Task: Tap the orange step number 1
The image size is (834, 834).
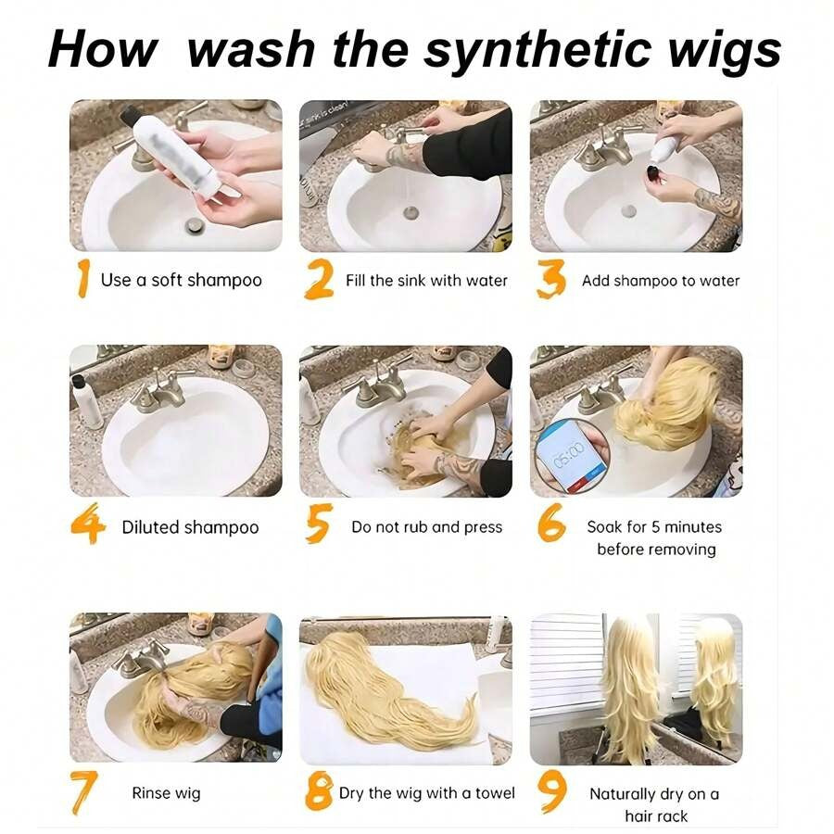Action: [x=82, y=278]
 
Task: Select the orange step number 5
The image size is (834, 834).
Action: [x=319, y=524]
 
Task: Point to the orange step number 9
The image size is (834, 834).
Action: [x=552, y=792]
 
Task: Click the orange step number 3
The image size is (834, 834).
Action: [x=550, y=279]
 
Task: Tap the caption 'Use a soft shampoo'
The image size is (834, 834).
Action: [x=182, y=280]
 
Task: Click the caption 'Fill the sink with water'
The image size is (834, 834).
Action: [x=426, y=280]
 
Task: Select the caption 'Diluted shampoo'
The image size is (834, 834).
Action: [x=190, y=527]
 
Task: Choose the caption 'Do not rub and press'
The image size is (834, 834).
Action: [x=427, y=527]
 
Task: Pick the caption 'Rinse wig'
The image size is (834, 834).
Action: [x=167, y=793]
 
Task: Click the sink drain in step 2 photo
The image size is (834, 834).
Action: [x=411, y=213]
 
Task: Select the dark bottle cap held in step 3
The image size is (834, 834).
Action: [x=652, y=173]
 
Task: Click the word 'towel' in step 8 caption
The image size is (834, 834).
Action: [x=495, y=793]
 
